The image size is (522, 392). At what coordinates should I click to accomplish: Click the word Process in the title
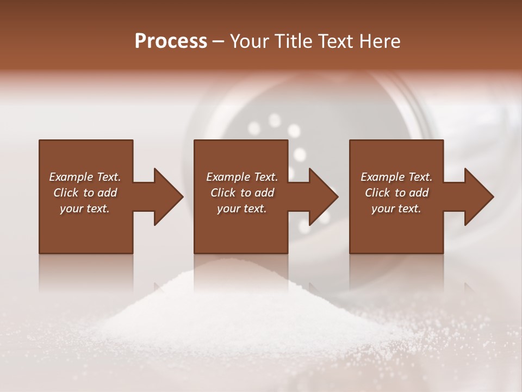coord(171,41)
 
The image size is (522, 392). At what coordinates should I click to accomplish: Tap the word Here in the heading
coord(380,41)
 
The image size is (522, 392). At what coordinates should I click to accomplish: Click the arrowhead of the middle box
coord(323,197)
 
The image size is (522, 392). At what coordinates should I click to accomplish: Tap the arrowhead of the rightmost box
coord(478,197)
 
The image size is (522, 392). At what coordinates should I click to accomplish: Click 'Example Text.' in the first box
coord(85,177)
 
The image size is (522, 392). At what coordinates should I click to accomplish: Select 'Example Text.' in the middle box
coord(242,177)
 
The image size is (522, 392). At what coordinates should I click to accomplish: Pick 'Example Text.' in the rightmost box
coord(396,177)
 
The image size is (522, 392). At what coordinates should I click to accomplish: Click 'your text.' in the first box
coord(85,209)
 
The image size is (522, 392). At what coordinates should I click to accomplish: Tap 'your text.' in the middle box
coord(242,209)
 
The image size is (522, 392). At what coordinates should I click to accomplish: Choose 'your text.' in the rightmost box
coord(396,209)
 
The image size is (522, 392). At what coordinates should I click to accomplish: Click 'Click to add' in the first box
coord(85,193)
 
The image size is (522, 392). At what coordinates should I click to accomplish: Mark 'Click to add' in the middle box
coord(242,193)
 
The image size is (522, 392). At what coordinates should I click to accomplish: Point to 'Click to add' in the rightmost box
coord(396,193)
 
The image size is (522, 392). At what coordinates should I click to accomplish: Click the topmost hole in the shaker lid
coord(275,120)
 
